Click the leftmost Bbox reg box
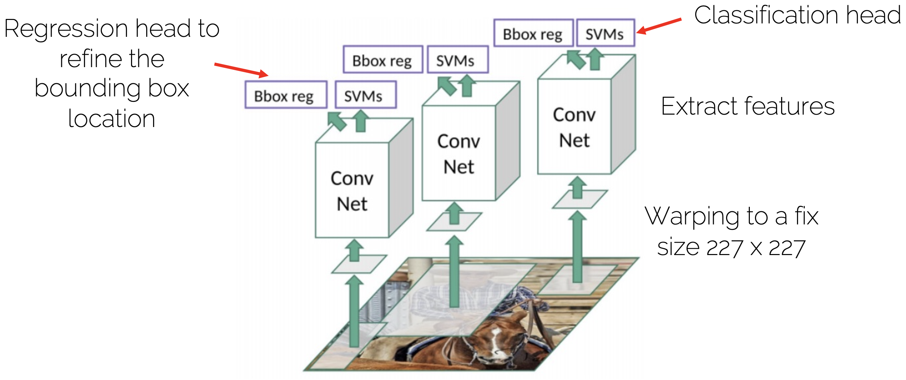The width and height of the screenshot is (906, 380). pos(285,95)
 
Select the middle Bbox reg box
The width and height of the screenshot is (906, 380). pos(382,60)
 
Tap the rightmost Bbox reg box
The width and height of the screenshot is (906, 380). pos(533,33)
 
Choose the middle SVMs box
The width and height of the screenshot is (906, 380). pos(457,60)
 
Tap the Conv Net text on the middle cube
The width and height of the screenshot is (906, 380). pos(459,154)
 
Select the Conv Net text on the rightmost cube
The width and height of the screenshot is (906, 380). pos(574,127)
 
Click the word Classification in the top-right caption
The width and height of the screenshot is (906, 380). pos(766,16)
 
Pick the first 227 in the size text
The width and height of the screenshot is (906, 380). pos(724,248)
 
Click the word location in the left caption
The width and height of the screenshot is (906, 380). pos(111,119)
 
